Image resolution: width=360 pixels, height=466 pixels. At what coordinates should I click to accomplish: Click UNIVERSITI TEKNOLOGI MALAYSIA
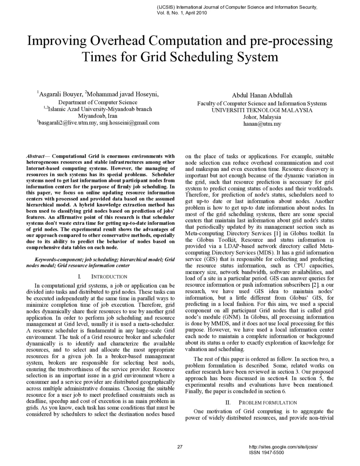pyautogui.click(x=262, y=110)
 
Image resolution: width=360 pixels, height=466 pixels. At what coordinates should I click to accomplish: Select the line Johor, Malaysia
pyautogui.click(x=262, y=117)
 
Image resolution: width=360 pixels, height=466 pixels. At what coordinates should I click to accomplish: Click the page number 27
pyautogui.click(x=180, y=447)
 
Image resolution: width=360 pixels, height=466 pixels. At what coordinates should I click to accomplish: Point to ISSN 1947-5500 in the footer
pyautogui.click(x=266, y=452)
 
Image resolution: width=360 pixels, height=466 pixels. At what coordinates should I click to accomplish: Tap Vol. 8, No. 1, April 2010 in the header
pyautogui.click(x=182, y=12)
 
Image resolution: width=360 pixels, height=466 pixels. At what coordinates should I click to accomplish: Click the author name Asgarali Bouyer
pyautogui.click(x=61, y=94)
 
